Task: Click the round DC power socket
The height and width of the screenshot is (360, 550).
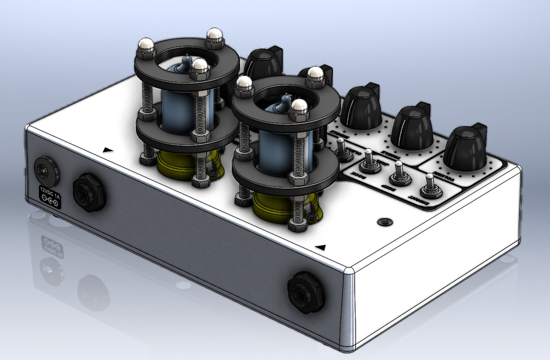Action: tap(44, 170)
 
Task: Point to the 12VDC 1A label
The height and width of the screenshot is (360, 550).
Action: tap(49, 195)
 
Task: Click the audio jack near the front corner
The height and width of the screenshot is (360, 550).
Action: tap(306, 292)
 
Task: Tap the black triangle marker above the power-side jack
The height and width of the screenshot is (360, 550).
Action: tap(107, 150)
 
